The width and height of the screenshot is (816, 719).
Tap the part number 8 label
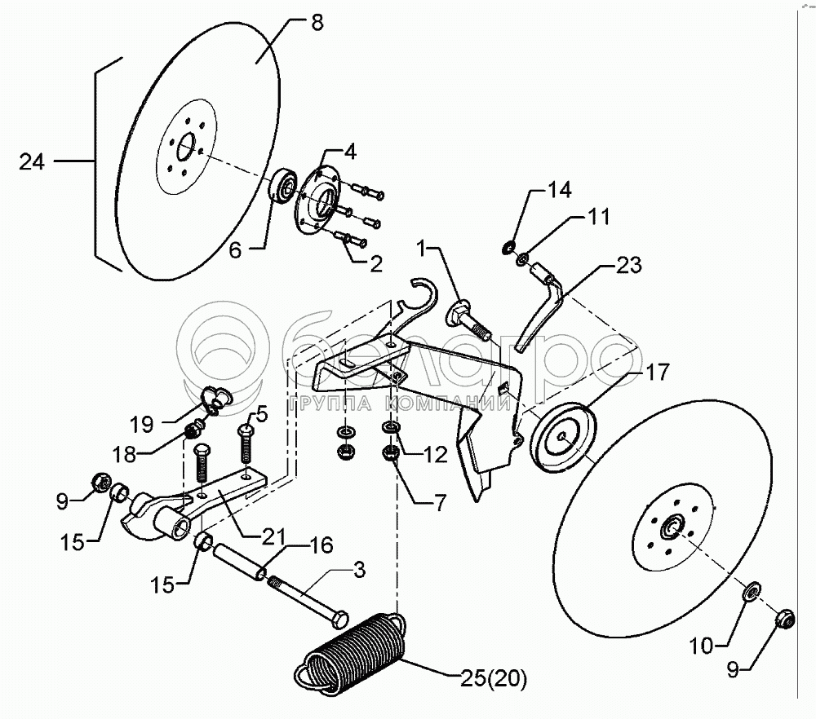pyautogui.click(x=317, y=23)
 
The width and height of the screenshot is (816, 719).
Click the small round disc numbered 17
pyautogui.click(x=563, y=436)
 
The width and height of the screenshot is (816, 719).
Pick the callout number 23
pyautogui.click(x=628, y=265)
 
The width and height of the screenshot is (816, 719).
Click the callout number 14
pyautogui.click(x=560, y=190)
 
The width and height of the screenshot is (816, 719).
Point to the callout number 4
pyautogui.click(x=348, y=151)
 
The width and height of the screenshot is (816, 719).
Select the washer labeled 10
pyautogui.click(x=752, y=590)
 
